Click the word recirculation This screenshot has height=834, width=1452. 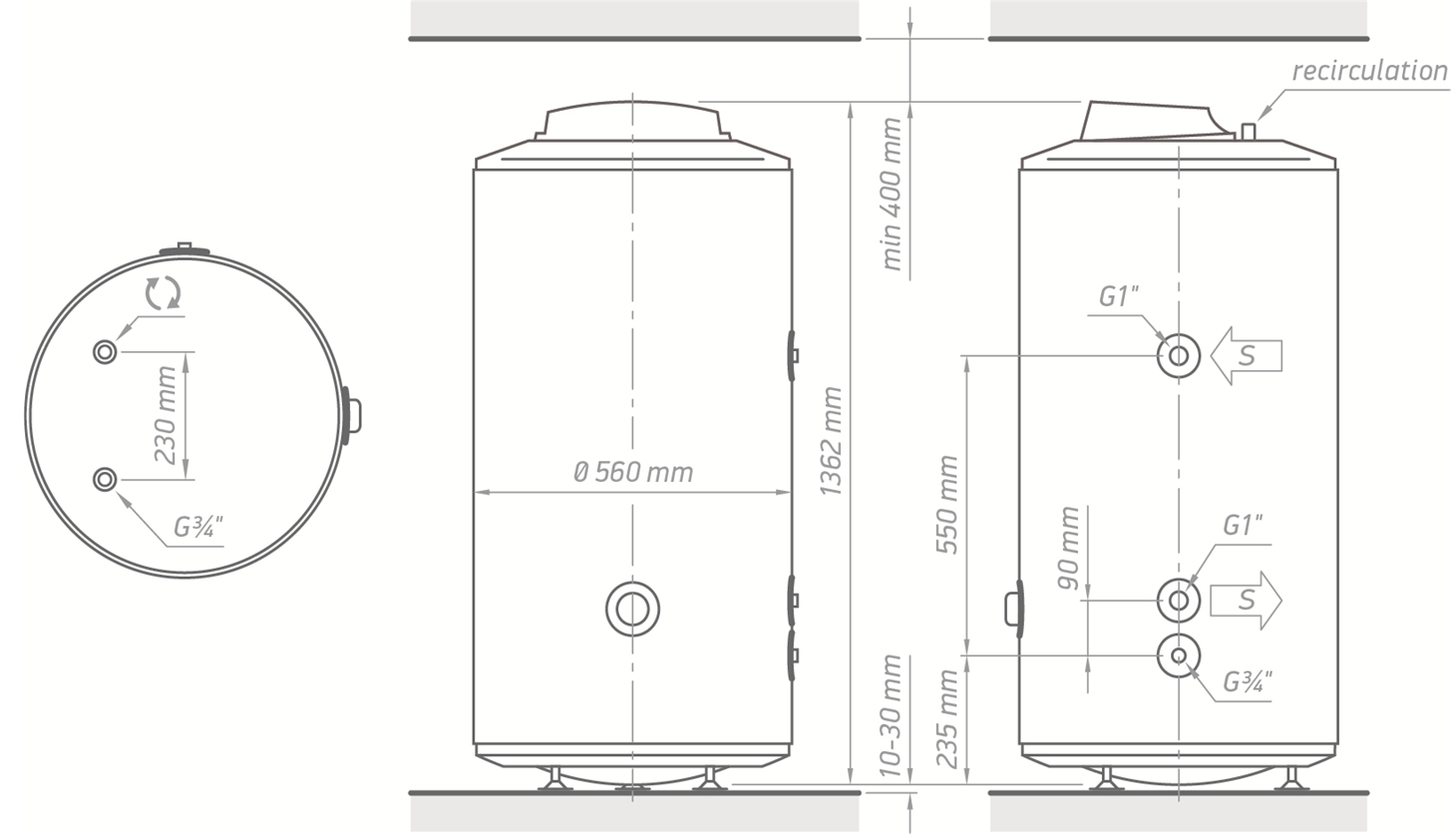pyautogui.click(x=1369, y=71)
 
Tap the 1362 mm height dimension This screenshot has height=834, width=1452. pyautogui.click(x=831, y=441)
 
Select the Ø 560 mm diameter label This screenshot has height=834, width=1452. pyautogui.click(x=633, y=472)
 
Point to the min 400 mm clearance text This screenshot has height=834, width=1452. pyautogui.click(x=892, y=194)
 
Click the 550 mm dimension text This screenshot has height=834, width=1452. pyautogui.click(x=947, y=505)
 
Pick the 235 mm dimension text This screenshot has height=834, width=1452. pyautogui.click(x=947, y=719)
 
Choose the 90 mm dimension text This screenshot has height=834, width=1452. pyautogui.click(x=1068, y=548)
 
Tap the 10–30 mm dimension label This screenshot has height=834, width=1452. pyautogui.click(x=891, y=716)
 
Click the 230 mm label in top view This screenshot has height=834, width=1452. pyautogui.click(x=166, y=415)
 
